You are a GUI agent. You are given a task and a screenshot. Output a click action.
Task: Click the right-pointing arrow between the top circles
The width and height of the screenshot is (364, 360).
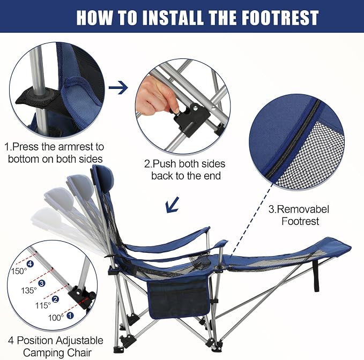tap(118, 87)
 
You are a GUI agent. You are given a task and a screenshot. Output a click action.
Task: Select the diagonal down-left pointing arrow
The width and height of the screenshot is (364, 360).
tap(173, 205)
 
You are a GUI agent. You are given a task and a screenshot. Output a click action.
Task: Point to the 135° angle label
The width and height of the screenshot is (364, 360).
tap(29, 290)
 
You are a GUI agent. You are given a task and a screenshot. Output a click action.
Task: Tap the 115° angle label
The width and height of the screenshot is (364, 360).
tap(43, 305)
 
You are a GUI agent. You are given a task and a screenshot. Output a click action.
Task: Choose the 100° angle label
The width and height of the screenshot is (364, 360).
tap(56, 318)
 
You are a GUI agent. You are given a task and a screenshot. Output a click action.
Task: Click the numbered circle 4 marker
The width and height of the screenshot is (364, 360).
tap(30, 264)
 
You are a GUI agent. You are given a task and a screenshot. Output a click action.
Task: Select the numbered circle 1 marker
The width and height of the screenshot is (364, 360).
tap(70, 316)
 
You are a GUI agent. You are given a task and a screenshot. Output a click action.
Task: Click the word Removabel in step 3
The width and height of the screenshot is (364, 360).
tap(303, 209)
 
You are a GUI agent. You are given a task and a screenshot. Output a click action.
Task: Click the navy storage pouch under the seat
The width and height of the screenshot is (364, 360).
tap(179, 297)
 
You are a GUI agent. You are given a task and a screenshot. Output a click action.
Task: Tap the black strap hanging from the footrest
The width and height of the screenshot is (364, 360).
tap(316, 275)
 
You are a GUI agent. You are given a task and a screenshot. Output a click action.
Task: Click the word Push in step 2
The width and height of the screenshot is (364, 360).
tap(165, 164)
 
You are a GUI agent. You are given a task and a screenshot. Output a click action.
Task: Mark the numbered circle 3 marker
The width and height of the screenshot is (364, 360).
tap(42, 283)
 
